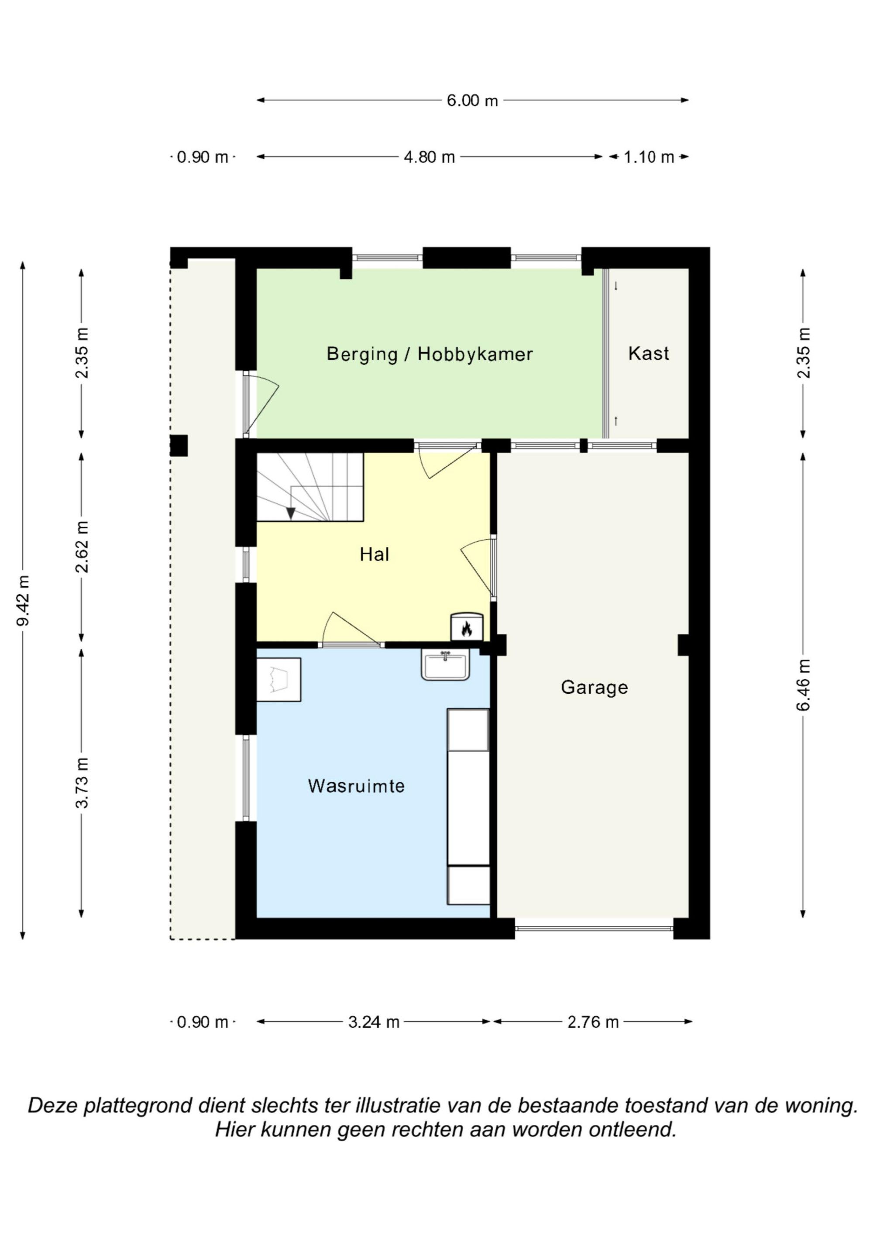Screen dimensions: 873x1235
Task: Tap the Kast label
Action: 649,354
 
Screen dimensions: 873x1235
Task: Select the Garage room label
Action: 595,688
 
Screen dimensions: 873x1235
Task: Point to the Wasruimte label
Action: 356,786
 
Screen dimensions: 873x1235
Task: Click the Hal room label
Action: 375,554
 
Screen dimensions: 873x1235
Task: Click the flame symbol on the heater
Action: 466,628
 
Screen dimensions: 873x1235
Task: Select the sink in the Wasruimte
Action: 445,665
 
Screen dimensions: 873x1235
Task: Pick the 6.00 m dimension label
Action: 472,100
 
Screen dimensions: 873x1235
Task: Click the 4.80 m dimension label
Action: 429,157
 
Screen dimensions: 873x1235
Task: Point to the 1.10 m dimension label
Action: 649,157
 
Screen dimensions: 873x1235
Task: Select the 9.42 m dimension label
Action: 23,600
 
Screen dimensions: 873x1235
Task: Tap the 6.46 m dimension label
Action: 803,685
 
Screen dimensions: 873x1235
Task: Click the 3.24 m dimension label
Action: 374,1022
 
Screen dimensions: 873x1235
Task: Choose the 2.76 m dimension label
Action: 593,1022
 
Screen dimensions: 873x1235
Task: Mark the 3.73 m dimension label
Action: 82,783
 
